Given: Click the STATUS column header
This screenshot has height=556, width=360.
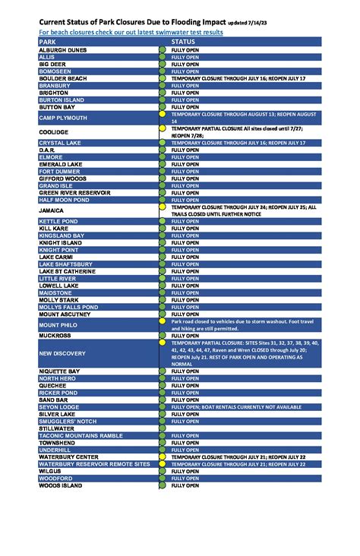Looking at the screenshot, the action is coord(183,42).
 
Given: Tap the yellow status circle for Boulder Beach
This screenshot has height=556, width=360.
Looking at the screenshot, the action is coord(162,78).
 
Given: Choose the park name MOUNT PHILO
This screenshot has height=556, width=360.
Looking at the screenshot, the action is coord(59,324).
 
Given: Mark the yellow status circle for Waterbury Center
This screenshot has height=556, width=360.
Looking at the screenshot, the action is coord(162,456).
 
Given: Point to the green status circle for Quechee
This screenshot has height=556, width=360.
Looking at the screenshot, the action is coord(162,385).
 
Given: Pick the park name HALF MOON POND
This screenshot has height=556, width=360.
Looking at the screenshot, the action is coord(65,200).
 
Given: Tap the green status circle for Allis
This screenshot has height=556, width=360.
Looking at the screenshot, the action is coord(162,57).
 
